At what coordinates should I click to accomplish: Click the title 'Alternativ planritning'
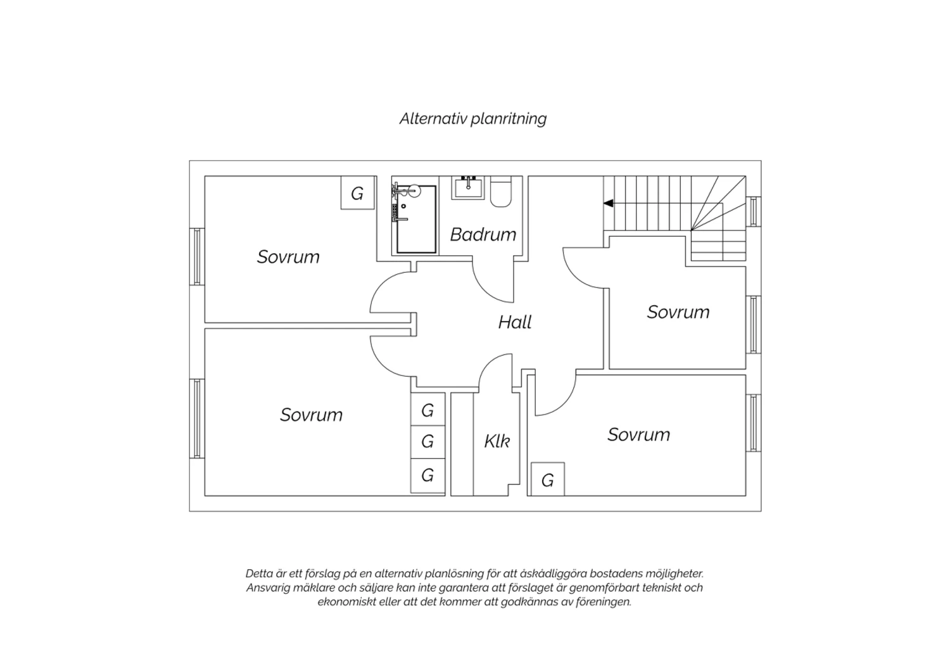click(473, 118)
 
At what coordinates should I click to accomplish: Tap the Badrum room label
click(483, 234)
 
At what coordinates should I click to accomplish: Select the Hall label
click(514, 322)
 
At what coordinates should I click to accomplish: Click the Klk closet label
click(497, 441)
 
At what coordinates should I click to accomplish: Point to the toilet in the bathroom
click(501, 192)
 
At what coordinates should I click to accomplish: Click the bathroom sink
click(468, 188)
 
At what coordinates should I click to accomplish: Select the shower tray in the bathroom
click(416, 219)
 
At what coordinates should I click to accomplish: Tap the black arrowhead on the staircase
click(609, 203)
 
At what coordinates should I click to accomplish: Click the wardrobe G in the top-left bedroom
click(358, 193)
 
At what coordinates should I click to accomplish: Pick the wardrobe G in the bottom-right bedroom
click(548, 479)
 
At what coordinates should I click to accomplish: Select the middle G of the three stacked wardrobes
click(427, 442)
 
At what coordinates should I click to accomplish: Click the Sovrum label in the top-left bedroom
click(288, 257)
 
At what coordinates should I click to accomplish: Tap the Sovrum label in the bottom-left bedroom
click(312, 415)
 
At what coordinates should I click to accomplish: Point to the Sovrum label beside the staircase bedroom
click(678, 313)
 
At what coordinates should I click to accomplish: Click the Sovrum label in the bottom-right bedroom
click(638, 435)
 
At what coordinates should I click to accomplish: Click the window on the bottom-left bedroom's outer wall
click(197, 418)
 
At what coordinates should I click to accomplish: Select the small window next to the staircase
click(754, 211)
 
